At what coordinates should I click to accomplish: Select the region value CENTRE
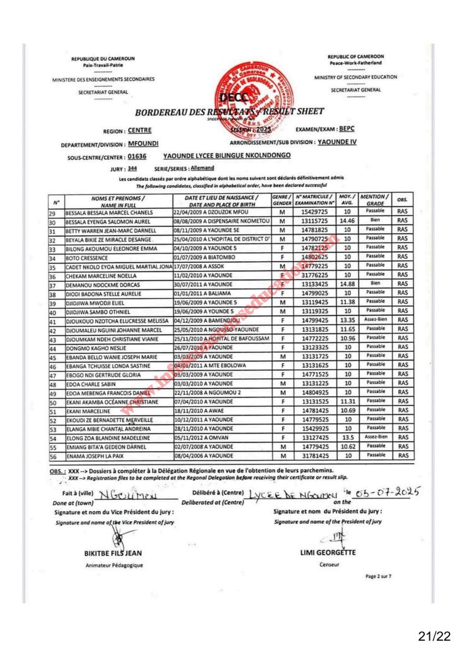[x=139, y=131]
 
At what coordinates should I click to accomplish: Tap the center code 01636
[x=136, y=155]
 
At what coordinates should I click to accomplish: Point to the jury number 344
[x=132, y=169]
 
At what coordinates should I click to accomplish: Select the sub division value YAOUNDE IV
[x=337, y=142]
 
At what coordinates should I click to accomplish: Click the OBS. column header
[x=402, y=200]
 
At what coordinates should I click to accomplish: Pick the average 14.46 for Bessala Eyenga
[x=345, y=222]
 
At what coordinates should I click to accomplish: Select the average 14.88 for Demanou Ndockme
[x=345, y=284]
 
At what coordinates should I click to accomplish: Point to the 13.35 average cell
[x=345, y=320]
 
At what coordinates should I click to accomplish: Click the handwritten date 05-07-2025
[x=389, y=493]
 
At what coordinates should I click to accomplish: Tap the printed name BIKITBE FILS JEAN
[x=113, y=553]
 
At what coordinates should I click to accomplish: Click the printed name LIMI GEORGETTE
[x=328, y=553]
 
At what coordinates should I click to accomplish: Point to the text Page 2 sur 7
[x=379, y=576]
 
